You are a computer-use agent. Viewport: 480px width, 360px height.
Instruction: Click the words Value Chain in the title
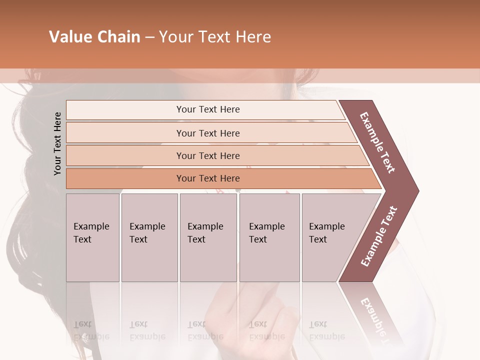[94, 37]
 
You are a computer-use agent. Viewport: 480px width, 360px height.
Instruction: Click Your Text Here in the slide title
[215, 37]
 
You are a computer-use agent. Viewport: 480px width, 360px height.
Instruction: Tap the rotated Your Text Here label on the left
[57, 143]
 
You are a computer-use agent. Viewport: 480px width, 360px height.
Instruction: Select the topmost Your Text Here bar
[207, 109]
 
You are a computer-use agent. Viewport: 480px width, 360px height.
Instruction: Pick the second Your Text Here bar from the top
[207, 133]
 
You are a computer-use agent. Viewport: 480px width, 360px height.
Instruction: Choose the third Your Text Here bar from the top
[207, 155]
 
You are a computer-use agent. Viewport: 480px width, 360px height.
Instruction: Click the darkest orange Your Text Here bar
[207, 178]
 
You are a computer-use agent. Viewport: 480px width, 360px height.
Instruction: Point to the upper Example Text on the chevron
[377, 142]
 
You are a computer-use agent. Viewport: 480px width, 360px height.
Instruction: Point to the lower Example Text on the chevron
[379, 236]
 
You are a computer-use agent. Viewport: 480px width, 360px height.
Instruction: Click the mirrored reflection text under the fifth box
[326, 330]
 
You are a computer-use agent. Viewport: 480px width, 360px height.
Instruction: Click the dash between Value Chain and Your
[149, 37]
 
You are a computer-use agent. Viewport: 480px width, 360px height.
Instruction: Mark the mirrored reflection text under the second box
[147, 330]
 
